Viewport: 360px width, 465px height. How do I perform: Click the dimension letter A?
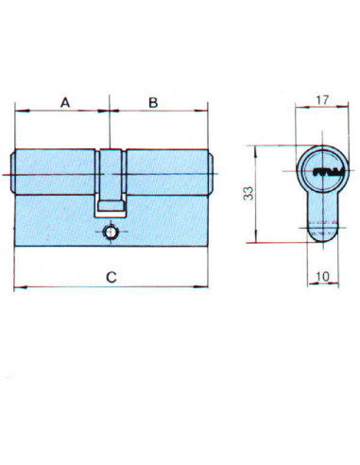[65, 102]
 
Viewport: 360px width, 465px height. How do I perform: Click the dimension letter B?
[153, 102]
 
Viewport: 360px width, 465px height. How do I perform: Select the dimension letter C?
[111, 277]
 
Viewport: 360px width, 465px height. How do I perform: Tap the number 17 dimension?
[322, 100]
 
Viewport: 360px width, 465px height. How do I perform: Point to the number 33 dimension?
[249, 194]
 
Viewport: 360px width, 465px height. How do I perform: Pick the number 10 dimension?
[322, 277]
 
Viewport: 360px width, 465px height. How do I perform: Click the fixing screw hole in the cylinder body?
[111, 232]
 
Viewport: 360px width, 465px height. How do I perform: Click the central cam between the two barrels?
[111, 182]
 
